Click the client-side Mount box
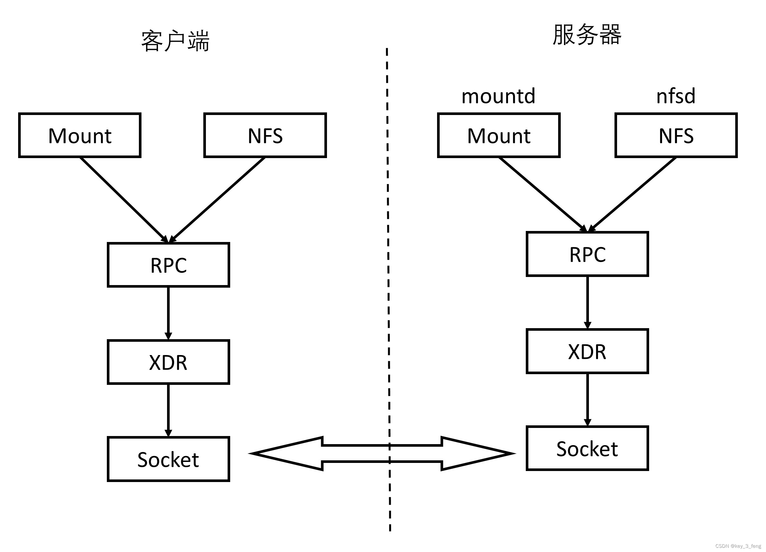click(80, 135)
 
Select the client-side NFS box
click(265, 135)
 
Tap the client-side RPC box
click(169, 265)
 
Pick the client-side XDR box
click(169, 362)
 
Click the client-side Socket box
click(169, 459)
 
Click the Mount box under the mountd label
click(499, 135)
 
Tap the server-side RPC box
click(587, 254)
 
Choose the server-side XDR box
click(587, 351)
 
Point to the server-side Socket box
click(587, 448)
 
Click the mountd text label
click(499, 96)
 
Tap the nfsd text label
click(676, 96)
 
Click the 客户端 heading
click(175, 41)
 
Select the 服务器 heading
click(587, 35)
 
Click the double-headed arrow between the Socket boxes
click(382, 454)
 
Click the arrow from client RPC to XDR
click(169, 313)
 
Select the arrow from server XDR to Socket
click(587, 399)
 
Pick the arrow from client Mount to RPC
click(123, 200)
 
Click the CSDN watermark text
click(738, 546)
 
